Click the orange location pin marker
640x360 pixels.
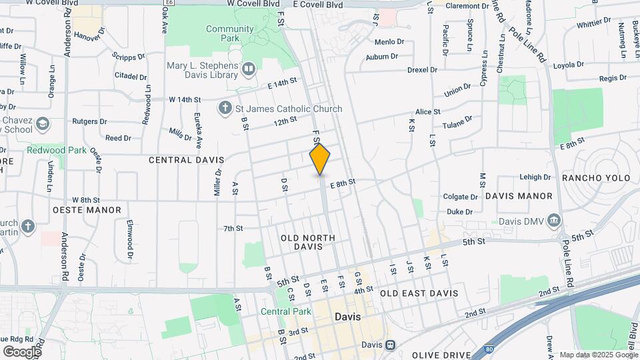tap(320, 159)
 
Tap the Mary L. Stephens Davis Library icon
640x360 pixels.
tap(249, 68)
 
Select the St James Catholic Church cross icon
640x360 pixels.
tap(225, 108)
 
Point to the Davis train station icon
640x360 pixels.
tap(390, 345)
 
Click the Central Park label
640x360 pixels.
tap(286, 311)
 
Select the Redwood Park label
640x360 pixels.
tap(56, 150)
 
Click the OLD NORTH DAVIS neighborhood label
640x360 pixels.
tap(307, 242)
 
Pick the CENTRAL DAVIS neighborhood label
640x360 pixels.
tap(186, 160)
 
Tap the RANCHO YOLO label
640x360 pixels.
tap(596, 178)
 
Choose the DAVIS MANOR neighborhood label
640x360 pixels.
tap(519, 196)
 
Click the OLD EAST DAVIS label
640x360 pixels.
tap(419, 293)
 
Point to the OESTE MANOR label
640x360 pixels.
tap(87, 210)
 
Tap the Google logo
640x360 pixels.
tap(22, 351)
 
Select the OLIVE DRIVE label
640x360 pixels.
tap(442, 355)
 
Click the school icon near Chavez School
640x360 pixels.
tap(43, 124)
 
